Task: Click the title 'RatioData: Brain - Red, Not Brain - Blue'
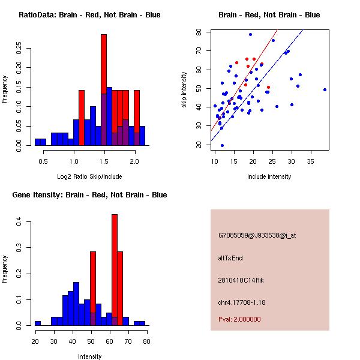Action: (x=89, y=15)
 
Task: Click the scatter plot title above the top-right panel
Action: (x=269, y=15)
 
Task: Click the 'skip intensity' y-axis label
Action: (x=184, y=90)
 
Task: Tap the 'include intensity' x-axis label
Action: (x=269, y=176)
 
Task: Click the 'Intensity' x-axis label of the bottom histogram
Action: (x=89, y=356)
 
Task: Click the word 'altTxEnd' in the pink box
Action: (x=230, y=258)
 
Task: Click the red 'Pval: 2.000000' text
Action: (x=239, y=319)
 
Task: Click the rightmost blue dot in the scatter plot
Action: (x=325, y=89)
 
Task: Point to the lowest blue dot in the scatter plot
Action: (x=222, y=145)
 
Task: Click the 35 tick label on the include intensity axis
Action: (x=311, y=161)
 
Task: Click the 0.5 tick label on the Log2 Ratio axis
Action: (x=43, y=161)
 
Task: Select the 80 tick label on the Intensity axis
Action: (x=147, y=341)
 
